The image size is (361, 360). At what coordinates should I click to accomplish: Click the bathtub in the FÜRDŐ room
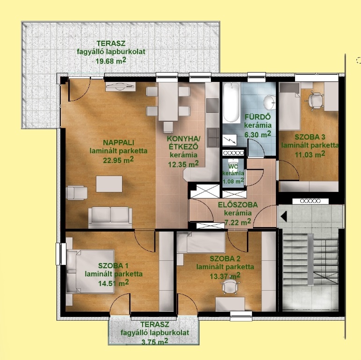coord(231,103)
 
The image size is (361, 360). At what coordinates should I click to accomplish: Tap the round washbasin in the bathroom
coord(269,103)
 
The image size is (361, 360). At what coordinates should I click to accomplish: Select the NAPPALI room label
coord(119,142)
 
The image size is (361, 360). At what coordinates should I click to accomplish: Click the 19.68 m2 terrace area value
coord(111,61)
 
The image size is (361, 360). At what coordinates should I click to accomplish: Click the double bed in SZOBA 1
coord(90,272)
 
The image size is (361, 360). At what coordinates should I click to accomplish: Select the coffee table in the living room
coord(109,184)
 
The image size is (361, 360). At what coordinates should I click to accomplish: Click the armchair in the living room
coord(76,192)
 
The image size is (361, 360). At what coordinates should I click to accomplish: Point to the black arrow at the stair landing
coord(283,216)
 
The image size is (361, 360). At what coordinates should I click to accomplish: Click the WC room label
coord(233,167)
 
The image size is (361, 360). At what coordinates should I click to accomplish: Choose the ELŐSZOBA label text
coord(238,205)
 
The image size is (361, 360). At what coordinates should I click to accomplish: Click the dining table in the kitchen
coord(168,102)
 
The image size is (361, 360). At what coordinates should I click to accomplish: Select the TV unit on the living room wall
coord(120,87)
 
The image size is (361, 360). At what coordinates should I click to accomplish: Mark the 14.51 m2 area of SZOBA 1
coord(113,283)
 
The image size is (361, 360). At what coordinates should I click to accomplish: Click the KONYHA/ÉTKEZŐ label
coord(183,143)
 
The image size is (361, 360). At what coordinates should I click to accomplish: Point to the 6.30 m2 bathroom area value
coord(258,134)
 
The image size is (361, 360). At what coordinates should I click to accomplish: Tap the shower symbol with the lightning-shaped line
coord(230,140)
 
